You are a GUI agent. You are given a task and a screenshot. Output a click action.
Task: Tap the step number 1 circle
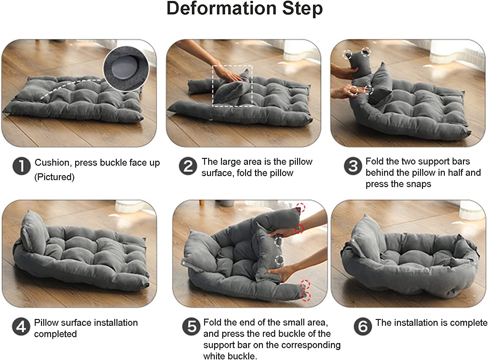tap(21, 166)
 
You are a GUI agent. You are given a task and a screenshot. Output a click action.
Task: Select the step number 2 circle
tap(188, 166)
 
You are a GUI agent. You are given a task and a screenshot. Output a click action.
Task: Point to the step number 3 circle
tap(353, 166)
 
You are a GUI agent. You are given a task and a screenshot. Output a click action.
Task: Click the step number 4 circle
tap(21, 326)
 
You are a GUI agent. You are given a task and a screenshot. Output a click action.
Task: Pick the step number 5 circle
tap(191, 326)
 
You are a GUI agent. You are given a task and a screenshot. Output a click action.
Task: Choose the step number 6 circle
tap(363, 326)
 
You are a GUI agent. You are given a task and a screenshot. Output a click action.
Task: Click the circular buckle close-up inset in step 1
tap(126, 69)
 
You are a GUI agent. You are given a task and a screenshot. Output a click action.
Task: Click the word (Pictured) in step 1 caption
tap(54, 177)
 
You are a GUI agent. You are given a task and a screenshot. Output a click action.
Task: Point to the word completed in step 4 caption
tap(55, 334)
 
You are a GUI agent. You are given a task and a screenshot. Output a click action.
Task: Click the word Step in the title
tap(302, 9)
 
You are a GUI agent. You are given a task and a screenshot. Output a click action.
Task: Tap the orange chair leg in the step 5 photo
tap(202, 203)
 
